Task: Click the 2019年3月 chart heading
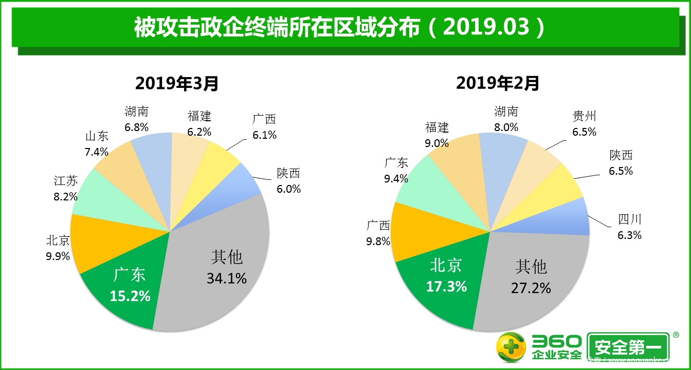[x=177, y=83]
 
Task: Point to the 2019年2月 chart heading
[x=498, y=83]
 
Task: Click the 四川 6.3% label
[x=630, y=227]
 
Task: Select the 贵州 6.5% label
[x=585, y=124]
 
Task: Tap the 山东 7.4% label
[x=97, y=144]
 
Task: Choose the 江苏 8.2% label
[x=66, y=188]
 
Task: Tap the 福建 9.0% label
[x=437, y=135]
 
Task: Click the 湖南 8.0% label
[x=506, y=119]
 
